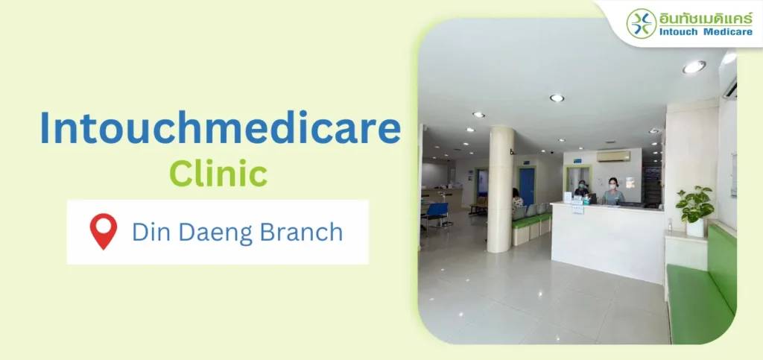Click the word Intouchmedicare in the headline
point(221,128)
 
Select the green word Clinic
point(218,174)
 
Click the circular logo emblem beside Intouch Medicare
point(642,23)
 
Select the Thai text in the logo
point(706,18)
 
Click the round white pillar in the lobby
point(500,189)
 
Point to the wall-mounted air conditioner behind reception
point(613,157)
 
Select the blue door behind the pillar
point(527,186)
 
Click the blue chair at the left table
point(438,214)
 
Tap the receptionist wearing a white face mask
point(612,192)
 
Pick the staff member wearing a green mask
point(581,189)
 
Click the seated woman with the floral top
point(516,199)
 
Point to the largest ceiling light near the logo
point(694,66)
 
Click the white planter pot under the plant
point(695,227)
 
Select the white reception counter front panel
point(607,243)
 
